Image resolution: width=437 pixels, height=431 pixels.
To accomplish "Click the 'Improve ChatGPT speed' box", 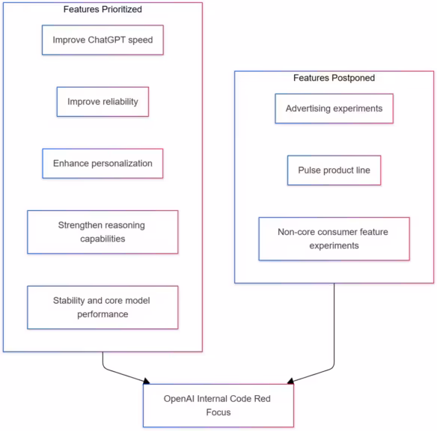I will [x=103, y=40].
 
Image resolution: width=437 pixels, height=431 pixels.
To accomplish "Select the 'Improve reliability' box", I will [x=103, y=102].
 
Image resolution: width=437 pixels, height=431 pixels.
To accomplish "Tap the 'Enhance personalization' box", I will [x=103, y=163].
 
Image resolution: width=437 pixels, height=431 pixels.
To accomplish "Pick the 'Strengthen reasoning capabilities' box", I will [x=103, y=232].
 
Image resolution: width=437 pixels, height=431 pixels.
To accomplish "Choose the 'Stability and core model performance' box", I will [x=103, y=307].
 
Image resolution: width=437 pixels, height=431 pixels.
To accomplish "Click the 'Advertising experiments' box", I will [x=334, y=108].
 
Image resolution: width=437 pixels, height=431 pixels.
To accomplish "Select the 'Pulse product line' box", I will [x=334, y=171].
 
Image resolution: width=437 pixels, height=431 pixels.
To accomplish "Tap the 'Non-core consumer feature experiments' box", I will [x=334, y=239].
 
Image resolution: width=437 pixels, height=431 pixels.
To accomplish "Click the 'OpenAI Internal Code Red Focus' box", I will [x=218, y=405].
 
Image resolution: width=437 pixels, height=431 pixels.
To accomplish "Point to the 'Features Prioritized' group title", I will [x=103, y=9].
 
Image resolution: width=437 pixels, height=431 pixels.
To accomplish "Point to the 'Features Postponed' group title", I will [x=334, y=78].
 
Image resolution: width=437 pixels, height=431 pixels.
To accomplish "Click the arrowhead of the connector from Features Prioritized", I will [x=147, y=380].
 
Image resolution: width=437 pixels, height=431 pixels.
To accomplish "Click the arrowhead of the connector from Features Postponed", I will [x=290, y=380].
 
